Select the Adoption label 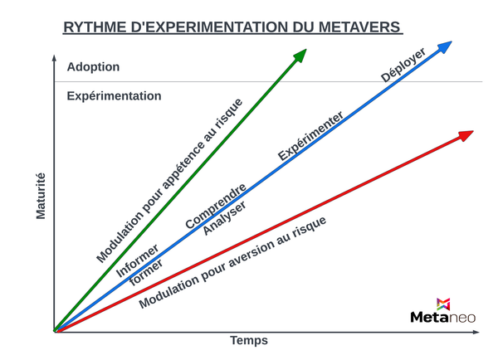point(93,66)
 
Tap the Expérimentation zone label point(114,95)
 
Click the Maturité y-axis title point(41,196)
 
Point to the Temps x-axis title point(249,341)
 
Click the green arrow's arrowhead point(300,55)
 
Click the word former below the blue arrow point(146,272)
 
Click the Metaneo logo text point(443,316)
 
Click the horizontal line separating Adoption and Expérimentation point(332,81)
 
